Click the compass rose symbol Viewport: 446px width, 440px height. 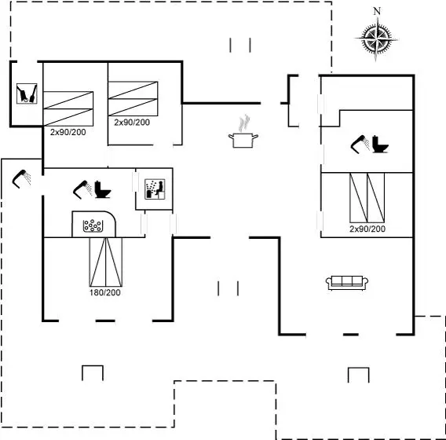point(376,38)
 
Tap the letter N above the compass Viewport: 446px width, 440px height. point(377,11)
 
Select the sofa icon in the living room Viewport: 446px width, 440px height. point(347,283)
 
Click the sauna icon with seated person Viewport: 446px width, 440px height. point(155,189)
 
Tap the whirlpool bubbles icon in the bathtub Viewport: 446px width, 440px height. point(93,225)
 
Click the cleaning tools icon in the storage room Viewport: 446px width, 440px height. point(27,93)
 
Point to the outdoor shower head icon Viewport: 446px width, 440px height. point(22,178)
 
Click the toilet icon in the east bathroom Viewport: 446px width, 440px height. point(380,144)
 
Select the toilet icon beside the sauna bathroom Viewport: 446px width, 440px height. point(102,189)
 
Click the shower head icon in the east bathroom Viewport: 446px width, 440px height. point(360,144)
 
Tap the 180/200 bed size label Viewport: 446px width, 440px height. point(105,292)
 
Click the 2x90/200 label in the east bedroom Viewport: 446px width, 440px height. point(367,229)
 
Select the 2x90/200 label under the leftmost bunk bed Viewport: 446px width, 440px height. point(68,132)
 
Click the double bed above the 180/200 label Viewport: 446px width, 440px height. point(106,262)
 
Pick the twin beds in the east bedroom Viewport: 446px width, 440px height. point(367,198)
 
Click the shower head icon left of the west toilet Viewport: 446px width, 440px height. point(82,189)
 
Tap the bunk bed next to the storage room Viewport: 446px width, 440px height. point(68,108)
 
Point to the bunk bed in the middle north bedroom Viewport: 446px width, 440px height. point(133,99)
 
